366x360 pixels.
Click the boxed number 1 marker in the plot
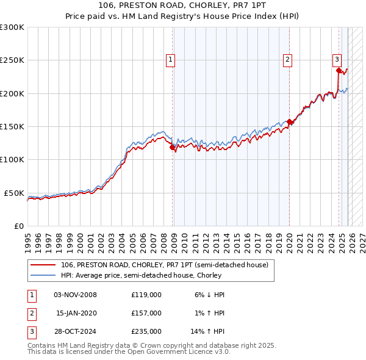[x=170, y=59]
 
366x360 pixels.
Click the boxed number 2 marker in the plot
[x=287, y=59]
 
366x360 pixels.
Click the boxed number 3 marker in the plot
[x=337, y=59]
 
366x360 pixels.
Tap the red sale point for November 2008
[x=172, y=146]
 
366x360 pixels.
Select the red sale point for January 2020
[x=289, y=121]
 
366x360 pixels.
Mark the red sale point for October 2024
[x=339, y=70]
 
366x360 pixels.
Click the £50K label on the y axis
[x=14, y=193]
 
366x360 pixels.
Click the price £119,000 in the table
[x=146, y=295]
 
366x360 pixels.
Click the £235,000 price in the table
[x=146, y=331]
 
